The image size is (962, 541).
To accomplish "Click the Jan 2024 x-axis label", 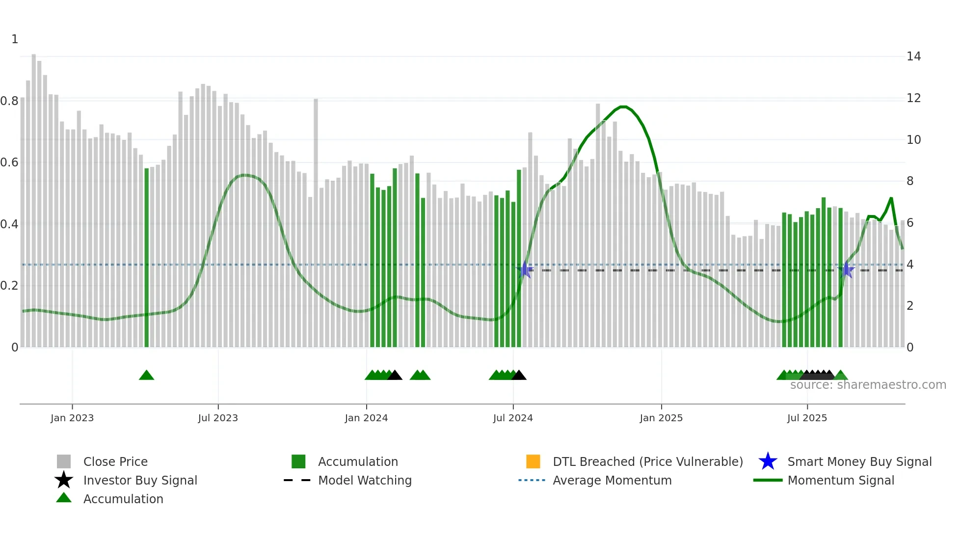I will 366,418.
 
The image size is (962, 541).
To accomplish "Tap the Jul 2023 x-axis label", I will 218,418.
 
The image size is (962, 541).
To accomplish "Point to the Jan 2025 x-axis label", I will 661,418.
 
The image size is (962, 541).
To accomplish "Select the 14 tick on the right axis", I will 913,56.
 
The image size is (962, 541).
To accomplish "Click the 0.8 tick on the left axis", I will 10,101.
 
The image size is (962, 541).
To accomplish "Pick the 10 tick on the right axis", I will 913,140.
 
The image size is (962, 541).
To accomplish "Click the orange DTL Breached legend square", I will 533,461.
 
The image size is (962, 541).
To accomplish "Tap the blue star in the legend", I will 768,461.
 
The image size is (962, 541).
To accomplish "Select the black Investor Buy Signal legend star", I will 64,480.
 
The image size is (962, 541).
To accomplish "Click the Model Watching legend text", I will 365,480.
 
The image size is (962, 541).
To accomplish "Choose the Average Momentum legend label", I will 612,480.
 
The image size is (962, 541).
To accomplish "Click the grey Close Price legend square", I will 64,461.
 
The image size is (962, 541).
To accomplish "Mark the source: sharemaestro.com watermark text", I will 868,385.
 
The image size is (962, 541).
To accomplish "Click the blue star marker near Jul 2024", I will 525,270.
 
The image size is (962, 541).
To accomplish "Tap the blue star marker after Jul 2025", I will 846,270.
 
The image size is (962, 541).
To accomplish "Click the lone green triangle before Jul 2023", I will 146,376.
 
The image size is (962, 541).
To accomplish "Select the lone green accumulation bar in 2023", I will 146,257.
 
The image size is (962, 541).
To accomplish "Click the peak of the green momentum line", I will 622,107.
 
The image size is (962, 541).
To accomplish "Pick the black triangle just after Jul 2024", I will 519,376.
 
